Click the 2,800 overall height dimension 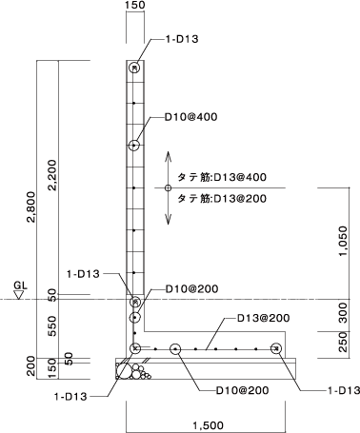[x=31, y=207]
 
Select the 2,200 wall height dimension [x=51, y=175]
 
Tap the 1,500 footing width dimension [x=209, y=424]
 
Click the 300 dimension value [x=343, y=312]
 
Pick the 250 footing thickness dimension [x=343, y=342]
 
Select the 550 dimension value [x=51, y=326]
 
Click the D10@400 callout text [x=191, y=117]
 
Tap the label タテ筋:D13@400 [x=222, y=177]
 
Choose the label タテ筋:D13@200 [x=222, y=199]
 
